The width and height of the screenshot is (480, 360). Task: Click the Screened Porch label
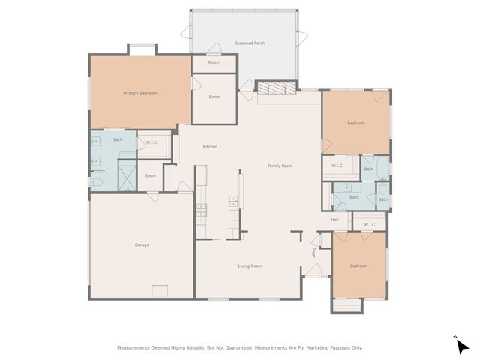[250, 43]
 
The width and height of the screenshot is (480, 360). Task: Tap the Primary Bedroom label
[140, 92]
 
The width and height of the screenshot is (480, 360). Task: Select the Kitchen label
[210, 146]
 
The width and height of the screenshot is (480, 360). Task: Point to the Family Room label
[280, 165]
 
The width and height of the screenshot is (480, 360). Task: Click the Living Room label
[250, 265]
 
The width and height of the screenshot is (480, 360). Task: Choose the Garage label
[141, 245]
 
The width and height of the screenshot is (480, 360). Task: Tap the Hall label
[335, 220]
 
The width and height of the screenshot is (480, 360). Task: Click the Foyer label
[313, 253]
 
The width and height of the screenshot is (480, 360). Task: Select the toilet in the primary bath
[96, 181]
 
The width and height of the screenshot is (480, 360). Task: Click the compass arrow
[463, 346]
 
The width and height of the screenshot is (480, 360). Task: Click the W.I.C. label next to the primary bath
[151, 142]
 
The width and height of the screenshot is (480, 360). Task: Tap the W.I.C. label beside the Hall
[369, 224]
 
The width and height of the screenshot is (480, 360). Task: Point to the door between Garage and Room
[153, 196]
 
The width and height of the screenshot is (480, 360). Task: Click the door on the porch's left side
[185, 31]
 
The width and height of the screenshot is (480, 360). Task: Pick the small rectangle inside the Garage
[160, 290]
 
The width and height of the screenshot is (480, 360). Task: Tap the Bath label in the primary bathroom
[118, 139]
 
